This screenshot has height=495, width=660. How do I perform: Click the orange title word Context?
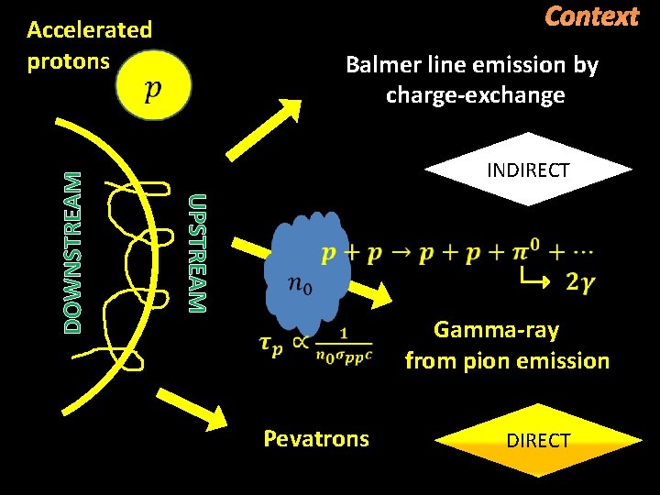(x=591, y=16)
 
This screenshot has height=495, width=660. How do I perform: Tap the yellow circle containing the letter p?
(x=154, y=83)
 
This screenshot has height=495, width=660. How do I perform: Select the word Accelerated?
(x=89, y=29)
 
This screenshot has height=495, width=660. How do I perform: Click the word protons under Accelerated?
(x=68, y=61)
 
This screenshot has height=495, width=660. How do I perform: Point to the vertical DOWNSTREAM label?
(x=73, y=251)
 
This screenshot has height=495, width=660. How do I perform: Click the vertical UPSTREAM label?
(x=198, y=252)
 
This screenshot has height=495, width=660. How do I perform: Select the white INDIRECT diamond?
(x=528, y=170)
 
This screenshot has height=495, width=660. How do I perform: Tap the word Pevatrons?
(x=316, y=438)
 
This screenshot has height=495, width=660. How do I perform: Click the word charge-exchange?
(x=475, y=95)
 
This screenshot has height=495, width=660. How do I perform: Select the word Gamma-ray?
(x=496, y=330)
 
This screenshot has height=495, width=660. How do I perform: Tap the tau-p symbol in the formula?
(x=273, y=344)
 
